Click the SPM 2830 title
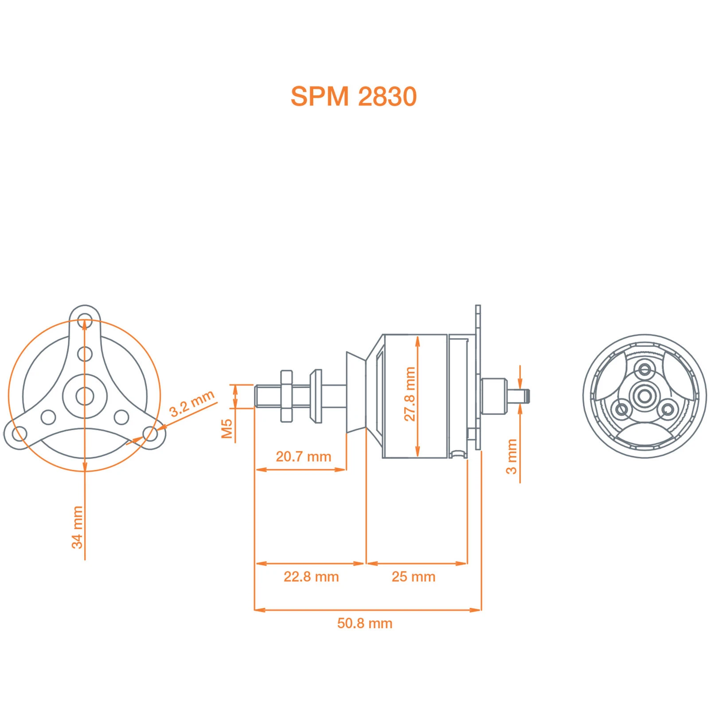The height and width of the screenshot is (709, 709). click(x=353, y=96)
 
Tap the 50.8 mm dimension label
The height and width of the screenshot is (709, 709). click(x=364, y=623)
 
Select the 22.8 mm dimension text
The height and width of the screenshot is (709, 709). click(x=311, y=577)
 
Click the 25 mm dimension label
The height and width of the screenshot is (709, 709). click(x=413, y=577)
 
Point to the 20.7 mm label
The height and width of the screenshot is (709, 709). click(x=303, y=456)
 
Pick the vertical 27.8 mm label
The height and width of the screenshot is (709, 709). click(x=410, y=394)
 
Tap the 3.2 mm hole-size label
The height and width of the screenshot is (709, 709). click(x=191, y=403)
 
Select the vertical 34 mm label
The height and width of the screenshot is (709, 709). click(x=77, y=527)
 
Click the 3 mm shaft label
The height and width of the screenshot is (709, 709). click(x=511, y=456)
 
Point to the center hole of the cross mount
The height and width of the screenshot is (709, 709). click(x=85, y=396)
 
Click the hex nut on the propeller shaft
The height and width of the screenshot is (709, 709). click(x=286, y=396)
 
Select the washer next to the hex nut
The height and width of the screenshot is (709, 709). click(x=316, y=396)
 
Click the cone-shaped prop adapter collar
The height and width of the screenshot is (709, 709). click(x=356, y=393)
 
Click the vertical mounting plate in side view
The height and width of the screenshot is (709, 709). click(x=478, y=377)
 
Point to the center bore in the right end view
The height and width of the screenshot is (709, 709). click(x=644, y=396)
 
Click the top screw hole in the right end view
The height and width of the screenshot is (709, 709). click(x=645, y=369)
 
